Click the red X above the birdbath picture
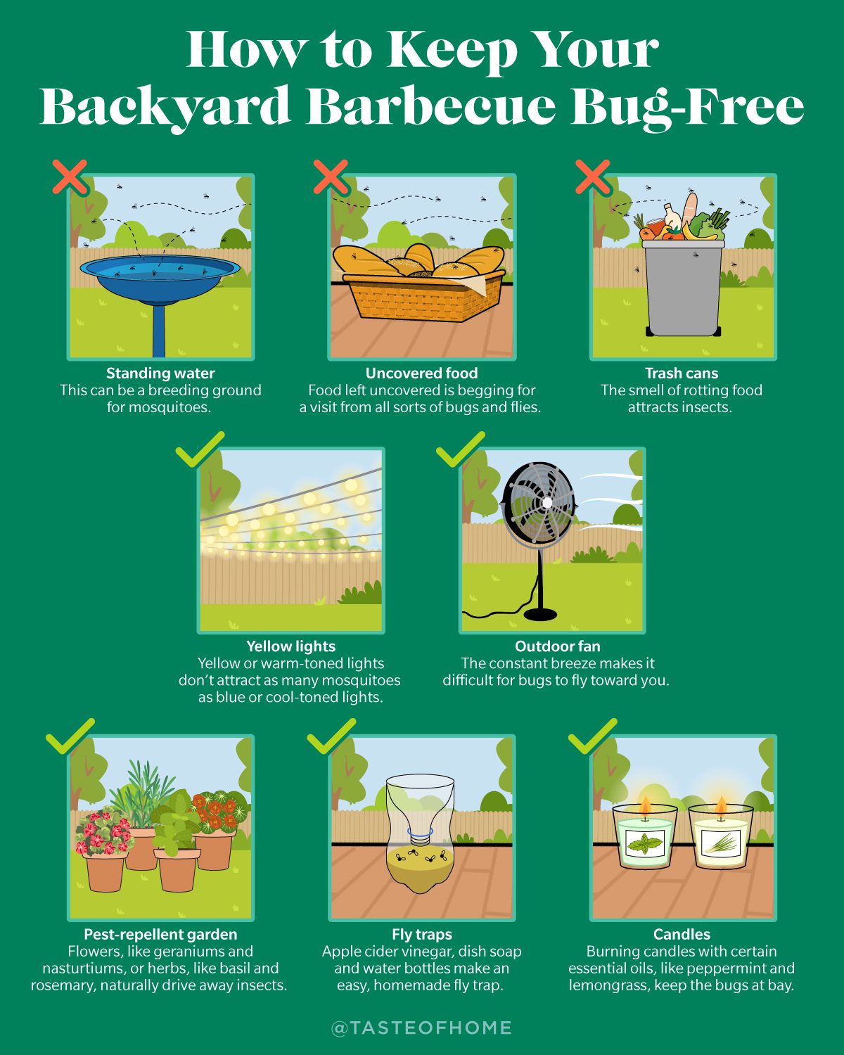[70, 177]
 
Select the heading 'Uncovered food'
[421, 373]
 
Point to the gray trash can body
[682, 288]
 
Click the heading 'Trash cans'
[682, 373]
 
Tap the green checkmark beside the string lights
[200, 450]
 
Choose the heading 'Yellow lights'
[290, 646]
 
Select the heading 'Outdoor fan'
[557, 646]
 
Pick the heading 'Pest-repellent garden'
[160, 935]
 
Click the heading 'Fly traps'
[421, 935]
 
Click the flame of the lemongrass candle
[721, 807]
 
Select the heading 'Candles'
[682, 935]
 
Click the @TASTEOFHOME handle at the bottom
[421, 1028]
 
